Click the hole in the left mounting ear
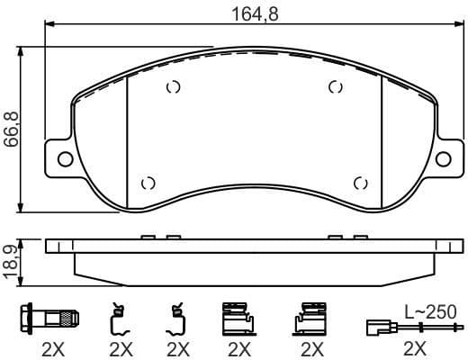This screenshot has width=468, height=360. click(x=65, y=160)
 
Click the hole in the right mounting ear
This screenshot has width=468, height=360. click(x=443, y=160)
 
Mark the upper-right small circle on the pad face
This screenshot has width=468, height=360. click(x=336, y=87)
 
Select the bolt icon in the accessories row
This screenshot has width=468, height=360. click(x=51, y=319)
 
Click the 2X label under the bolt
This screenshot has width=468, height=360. click(x=51, y=348)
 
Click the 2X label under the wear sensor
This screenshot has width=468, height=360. click(x=416, y=348)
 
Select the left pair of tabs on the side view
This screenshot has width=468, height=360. click(x=158, y=238)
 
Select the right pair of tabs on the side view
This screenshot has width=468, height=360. click(x=347, y=238)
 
